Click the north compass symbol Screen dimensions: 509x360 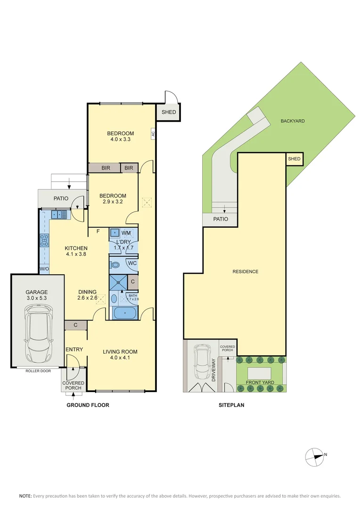[314, 456]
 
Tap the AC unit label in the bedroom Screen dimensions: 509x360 [153, 133]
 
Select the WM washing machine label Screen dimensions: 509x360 [126, 233]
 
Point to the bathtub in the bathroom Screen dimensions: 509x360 [124, 312]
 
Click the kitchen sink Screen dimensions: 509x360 [59, 215]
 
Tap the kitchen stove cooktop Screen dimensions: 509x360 [45, 241]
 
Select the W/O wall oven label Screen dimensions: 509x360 [44, 269]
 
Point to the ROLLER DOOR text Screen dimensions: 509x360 [38, 370]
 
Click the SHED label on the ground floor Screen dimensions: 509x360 [169, 112]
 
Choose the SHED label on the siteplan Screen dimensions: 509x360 [294, 159]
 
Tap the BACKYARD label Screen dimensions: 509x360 [293, 121]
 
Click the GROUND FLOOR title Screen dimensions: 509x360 [88, 405]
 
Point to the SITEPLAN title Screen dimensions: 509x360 [231, 405]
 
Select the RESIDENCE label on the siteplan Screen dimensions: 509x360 [245, 271]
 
